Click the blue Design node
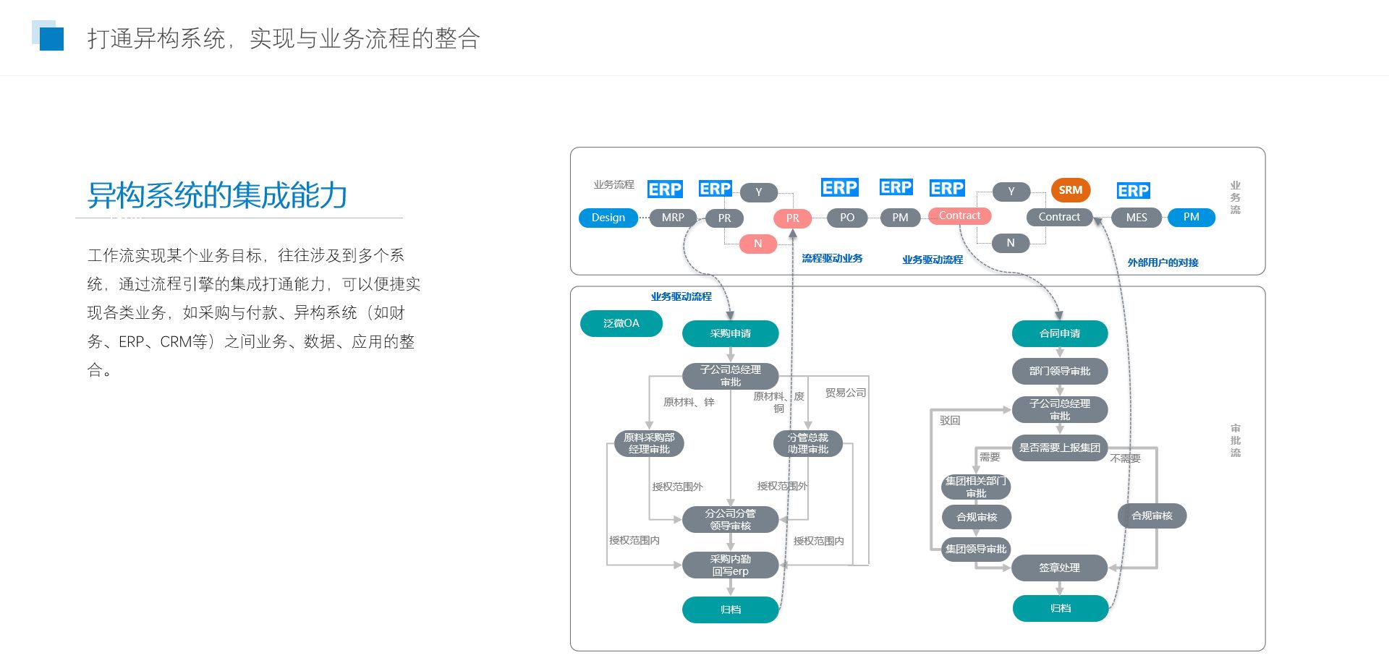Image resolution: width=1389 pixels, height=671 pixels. [x=608, y=218]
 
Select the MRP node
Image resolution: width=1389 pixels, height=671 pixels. [x=673, y=218]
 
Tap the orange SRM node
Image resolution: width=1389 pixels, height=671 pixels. [x=1071, y=190]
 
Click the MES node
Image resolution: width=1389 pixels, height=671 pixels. [x=1137, y=218]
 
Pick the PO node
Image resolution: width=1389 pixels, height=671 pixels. [x=847, y=218]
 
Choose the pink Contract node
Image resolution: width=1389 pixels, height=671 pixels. [x=959, y=215]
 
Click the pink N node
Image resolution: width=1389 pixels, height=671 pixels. [x=758, y=244]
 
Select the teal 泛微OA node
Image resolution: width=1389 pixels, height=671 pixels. [x=621, y=323]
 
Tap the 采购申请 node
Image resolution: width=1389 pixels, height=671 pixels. [x=731, y=333]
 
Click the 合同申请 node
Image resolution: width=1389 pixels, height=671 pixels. [x=1060, y=333]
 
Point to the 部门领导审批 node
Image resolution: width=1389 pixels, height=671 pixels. [x=1060, y=371]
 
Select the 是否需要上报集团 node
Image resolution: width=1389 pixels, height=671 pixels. [x=1060, y=448]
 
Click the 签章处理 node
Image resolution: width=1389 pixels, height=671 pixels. [x=1060, y=568]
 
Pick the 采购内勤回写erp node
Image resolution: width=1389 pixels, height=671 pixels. [x=731, y=565]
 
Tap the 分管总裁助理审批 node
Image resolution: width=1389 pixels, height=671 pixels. [x=808, y=443]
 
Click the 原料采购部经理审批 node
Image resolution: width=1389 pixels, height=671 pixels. [x=649, y=443]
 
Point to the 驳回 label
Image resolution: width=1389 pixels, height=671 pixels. [x=950, y=420]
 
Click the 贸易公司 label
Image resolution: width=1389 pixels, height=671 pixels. [x=846, y=393]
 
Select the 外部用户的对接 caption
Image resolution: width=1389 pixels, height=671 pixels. [x=1163, y=262]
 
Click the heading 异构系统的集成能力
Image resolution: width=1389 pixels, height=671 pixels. [x=217, y=195]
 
